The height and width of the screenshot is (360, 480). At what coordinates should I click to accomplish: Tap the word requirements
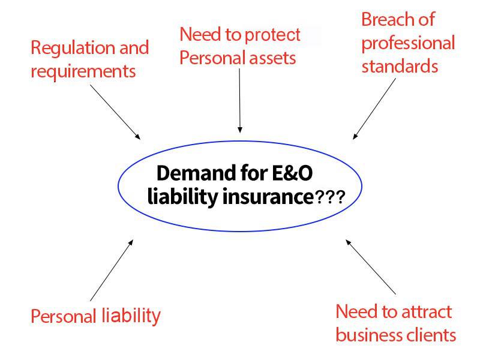tap(83, 73)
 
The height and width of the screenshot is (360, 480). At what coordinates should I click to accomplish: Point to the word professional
tap(409, 44)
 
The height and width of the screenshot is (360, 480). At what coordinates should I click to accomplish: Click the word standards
tap(400, 66)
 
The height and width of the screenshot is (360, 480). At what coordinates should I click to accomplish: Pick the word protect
tap(272, 35)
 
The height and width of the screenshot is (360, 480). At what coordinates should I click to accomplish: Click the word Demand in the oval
tap(196, 173)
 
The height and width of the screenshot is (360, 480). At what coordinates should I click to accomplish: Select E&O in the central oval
tap(292, 173)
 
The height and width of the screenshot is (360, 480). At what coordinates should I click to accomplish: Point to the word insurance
tap(268, 197)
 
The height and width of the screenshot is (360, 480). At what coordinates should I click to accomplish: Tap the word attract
tap(426, 312)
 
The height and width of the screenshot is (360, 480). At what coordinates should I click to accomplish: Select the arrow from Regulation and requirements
tap(115, 112)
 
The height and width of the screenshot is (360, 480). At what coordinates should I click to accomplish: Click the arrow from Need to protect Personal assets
tap(239, 100)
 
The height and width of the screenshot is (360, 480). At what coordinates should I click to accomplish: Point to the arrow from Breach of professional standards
tap(374, 109)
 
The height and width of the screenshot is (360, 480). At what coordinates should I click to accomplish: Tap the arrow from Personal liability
tap(112, 271)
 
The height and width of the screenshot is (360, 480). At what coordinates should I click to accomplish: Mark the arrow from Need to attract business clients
tap(371, 267)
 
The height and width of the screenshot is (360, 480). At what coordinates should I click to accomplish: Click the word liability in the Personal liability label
tap(131, 316)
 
